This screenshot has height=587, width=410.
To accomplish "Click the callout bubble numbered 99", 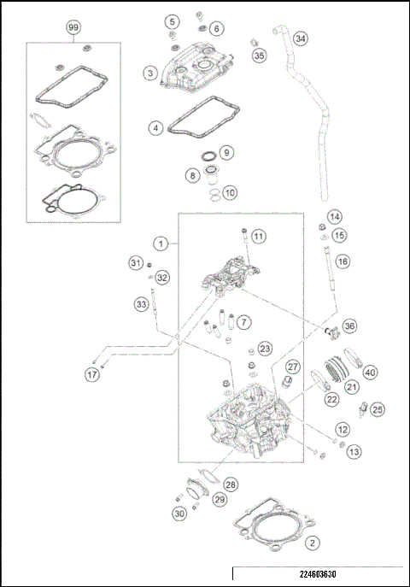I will (73, 27).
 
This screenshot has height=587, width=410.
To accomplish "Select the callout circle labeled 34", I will (300, 39).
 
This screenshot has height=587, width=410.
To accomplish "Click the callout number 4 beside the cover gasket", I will (155, 128).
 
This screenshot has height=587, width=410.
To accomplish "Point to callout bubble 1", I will (160, 243).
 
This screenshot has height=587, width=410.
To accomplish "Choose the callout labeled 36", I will (350, 326).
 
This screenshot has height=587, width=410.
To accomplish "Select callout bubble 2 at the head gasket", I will (313, 542).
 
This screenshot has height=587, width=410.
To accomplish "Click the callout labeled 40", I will (370, 372).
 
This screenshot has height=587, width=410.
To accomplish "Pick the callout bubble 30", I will (178, 514).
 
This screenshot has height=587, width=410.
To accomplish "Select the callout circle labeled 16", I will (342, 261).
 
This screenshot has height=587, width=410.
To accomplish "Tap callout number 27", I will (292, 367).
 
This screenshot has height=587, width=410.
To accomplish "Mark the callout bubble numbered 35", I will (260, 56).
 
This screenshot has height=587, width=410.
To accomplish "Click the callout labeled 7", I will (244, 322).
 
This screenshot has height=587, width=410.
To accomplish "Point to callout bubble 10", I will (230, 193).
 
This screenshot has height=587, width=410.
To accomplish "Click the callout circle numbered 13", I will (354, 450).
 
